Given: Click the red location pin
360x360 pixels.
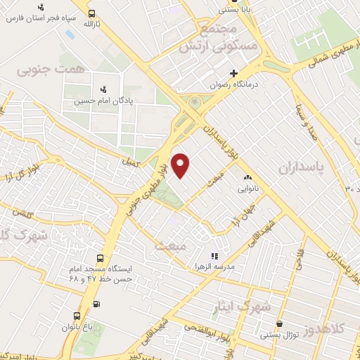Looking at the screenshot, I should pos(181,165).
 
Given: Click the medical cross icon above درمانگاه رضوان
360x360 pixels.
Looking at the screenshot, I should pos(234,73).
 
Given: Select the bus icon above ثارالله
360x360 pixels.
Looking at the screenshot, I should pos(93,13).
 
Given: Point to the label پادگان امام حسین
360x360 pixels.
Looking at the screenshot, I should pos(105,101).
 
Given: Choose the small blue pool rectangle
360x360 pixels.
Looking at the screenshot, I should pos(70,34).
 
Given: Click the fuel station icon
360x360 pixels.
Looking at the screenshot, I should pos(96,304).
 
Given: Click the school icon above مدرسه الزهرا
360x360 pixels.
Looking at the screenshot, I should pos(214,256).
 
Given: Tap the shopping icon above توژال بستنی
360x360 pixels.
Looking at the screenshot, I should pos(281,324).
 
